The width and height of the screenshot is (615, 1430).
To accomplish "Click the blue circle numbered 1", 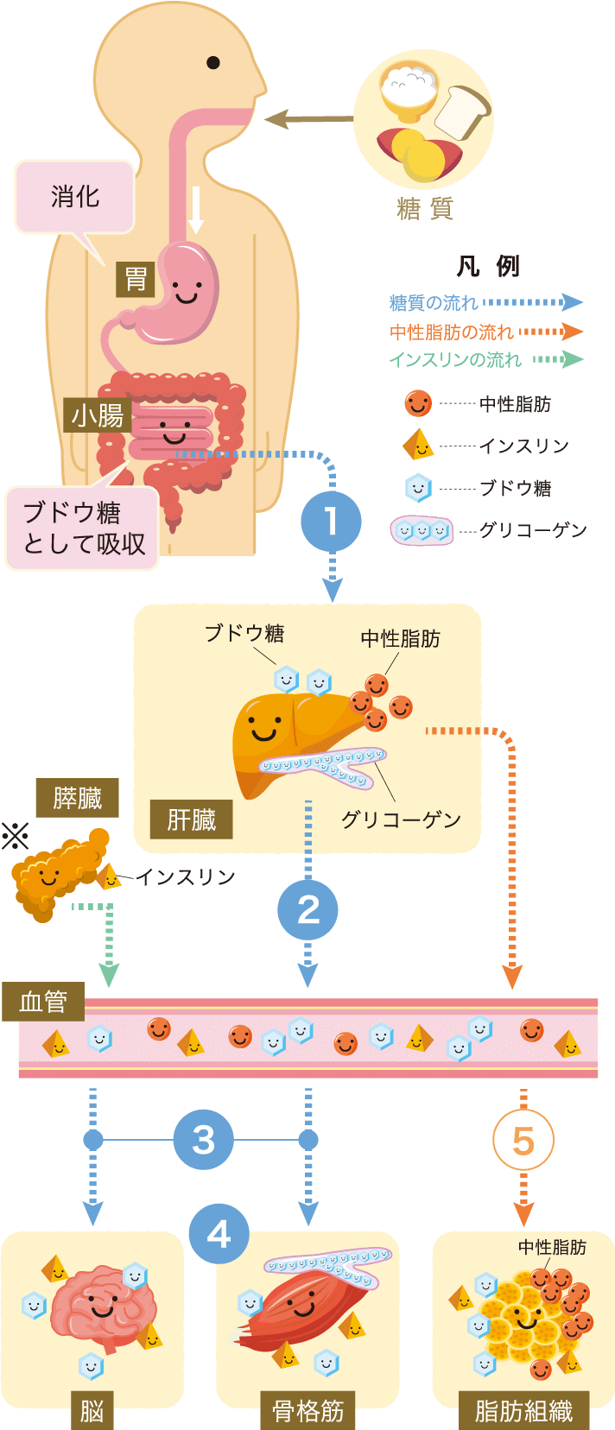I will [331, 522].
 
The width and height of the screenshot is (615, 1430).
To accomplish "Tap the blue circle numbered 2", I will [307, 910].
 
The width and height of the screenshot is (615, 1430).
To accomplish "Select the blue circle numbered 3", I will [203, 1140].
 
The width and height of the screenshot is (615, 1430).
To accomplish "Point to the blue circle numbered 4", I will [219, 1234].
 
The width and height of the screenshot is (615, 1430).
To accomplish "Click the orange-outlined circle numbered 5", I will [523, 1140].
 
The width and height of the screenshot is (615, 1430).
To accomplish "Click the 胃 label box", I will [136, 279].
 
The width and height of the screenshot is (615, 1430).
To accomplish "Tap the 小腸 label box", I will [98, 416].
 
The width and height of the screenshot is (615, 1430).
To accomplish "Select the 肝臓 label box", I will [191, 819].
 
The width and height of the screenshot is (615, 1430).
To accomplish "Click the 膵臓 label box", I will [77, 798].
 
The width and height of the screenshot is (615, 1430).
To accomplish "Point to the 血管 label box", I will [43, 1002].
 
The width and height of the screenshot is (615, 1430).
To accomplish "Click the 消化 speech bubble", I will [75, 197].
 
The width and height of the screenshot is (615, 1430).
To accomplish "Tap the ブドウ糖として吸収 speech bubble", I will [83, 528].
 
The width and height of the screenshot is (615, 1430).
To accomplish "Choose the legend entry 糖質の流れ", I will [433, 303].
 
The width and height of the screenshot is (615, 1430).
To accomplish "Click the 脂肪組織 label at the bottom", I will [523, 1411].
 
